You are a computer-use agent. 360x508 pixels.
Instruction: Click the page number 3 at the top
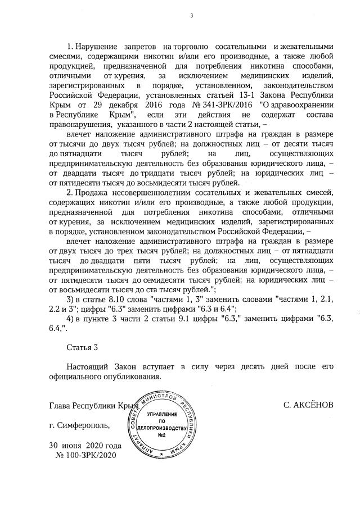tap(191, 15)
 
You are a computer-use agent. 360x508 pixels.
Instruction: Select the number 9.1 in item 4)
tap(183, 319)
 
